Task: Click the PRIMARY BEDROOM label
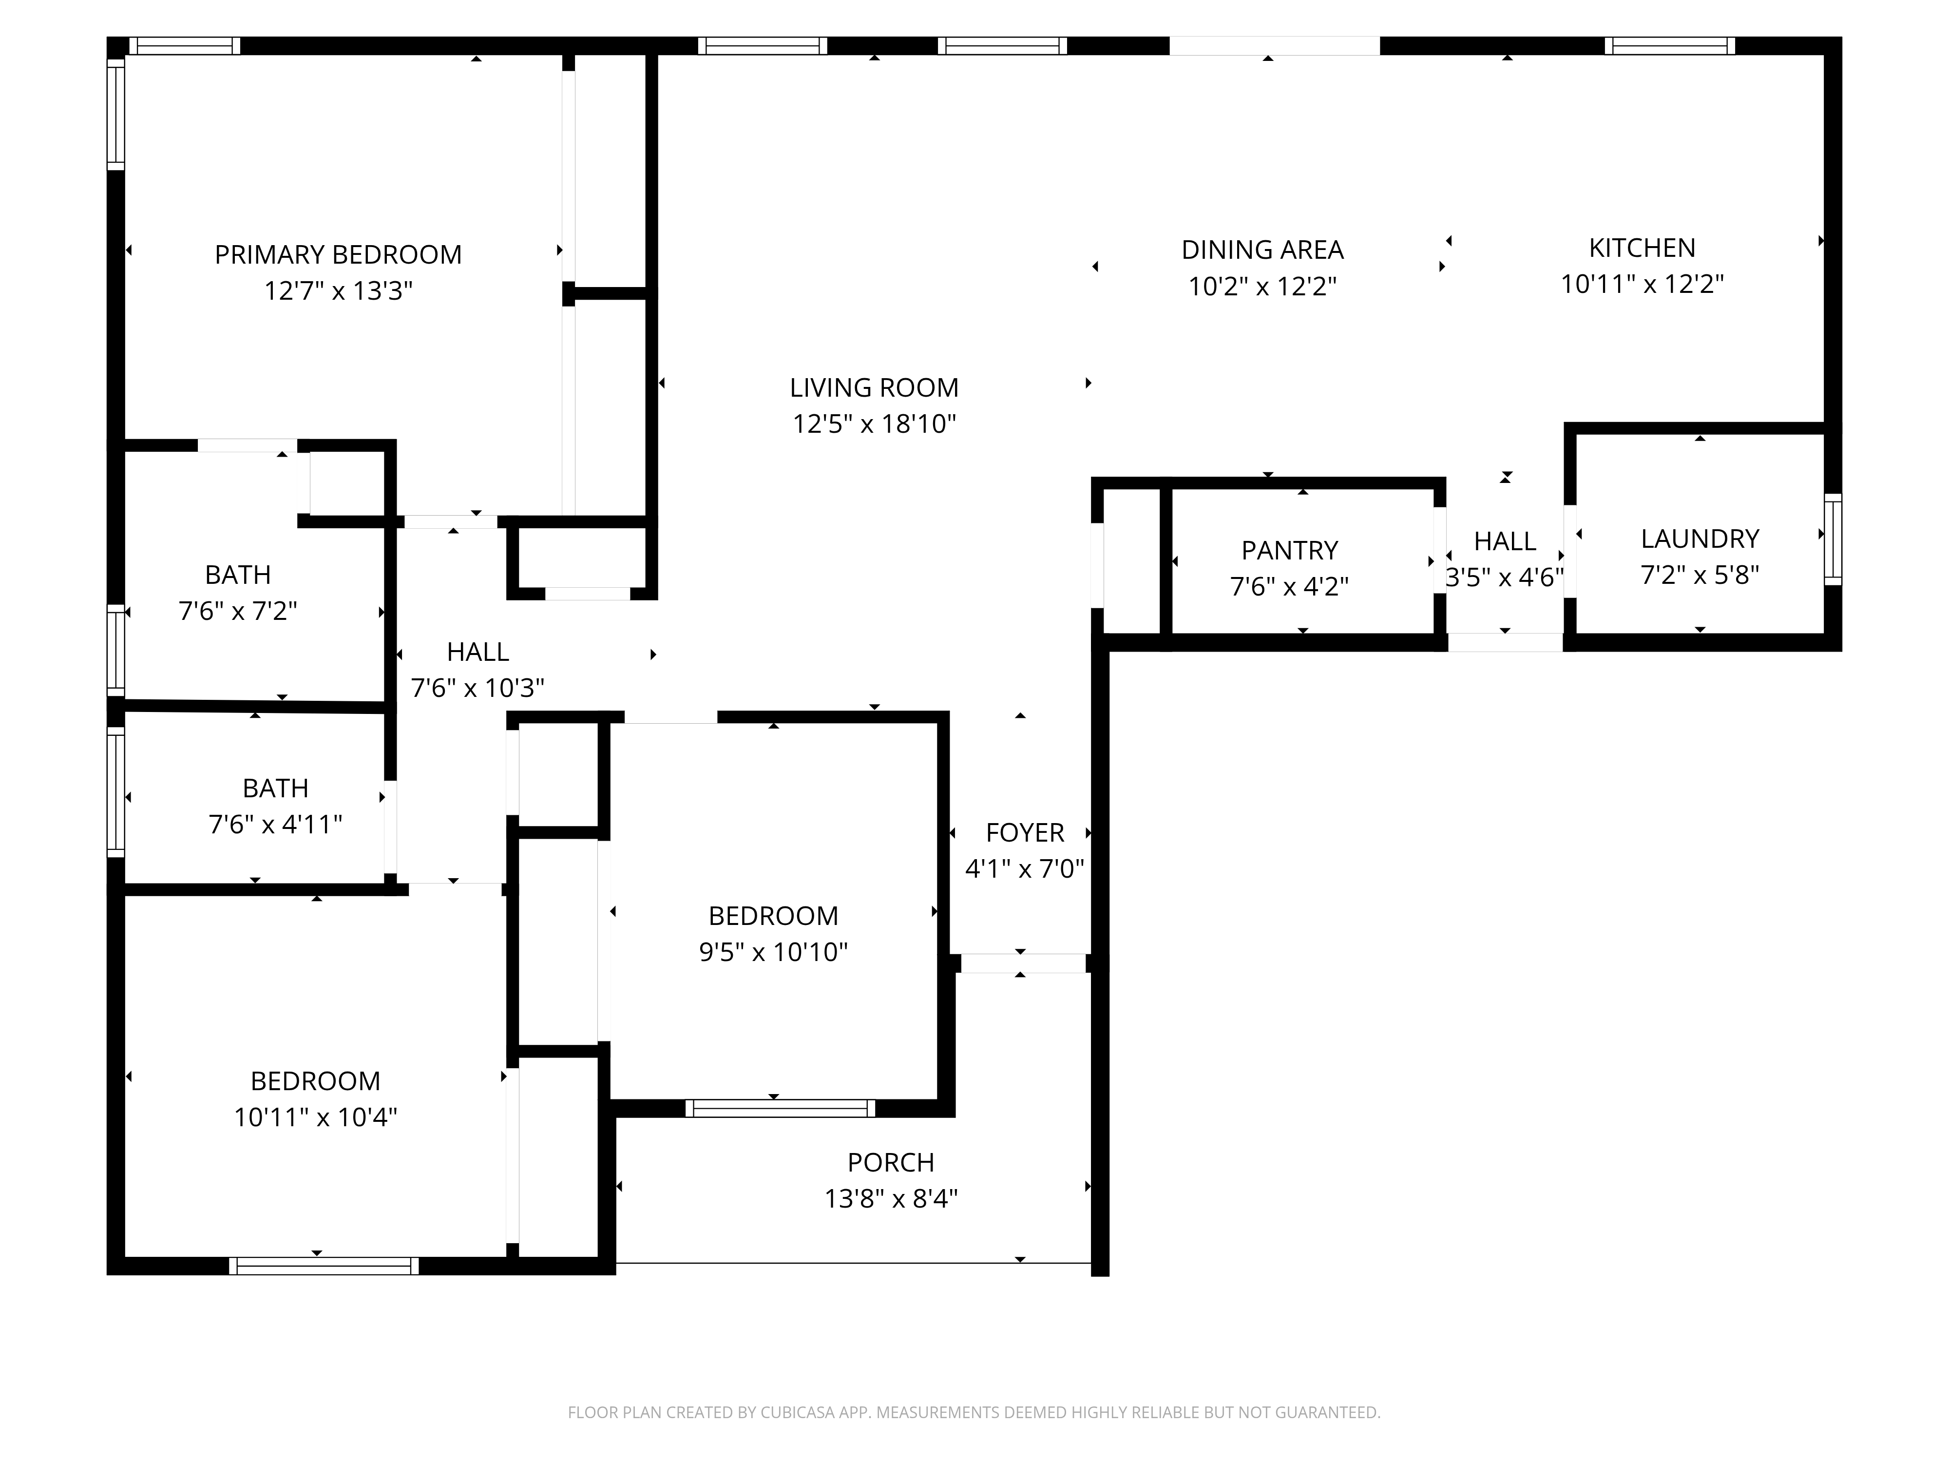(x=338, y=255)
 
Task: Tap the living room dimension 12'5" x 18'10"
(x=874, y=424)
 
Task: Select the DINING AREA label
(x=1262, y=250)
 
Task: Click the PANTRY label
(x=1290, y=550)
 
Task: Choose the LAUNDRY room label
(x=1700, y=539)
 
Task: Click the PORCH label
(x=891, y=1162)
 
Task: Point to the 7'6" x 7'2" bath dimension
(x=238, y=611)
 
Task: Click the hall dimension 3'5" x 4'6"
(x=1505, y=577)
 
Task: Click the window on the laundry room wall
(x=1833, y=539)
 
